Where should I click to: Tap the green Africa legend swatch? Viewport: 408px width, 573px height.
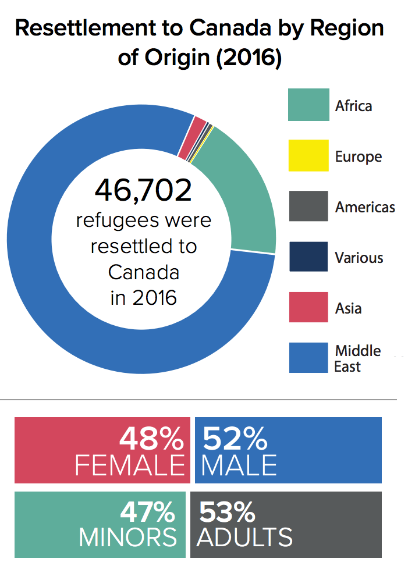pyautogui.click(x=308, y=105)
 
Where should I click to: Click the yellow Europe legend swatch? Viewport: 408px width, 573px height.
pyautogui.click(x=308, y=155)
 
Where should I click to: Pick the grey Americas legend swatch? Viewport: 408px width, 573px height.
pyautogui.click(x=308, y=206)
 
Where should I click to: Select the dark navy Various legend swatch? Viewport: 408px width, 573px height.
pyautogui.click(x=308, y=257)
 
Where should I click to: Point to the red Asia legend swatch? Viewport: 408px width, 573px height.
pyautogui.click(x=308, y=307)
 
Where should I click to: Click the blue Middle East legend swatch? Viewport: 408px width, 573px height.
pyautogui.click(x=308, y=357)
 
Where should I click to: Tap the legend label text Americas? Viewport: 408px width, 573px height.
pyautogui.click(x=366, y=207)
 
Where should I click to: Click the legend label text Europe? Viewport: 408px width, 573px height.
pyautogui.click(x=359, y=157)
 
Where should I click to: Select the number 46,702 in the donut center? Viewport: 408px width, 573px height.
pyautogui.click(x=143, y=191)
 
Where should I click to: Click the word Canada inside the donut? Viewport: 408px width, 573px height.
pyautogui.click(x=143, y=272)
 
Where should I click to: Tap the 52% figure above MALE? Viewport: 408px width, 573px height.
pyautogui.click(x=235, y=439)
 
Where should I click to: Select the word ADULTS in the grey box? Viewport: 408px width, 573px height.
pyautogui.click(x=244, y=537)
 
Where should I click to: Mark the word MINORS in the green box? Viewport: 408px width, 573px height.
pyautogui.click(x=128, y=537)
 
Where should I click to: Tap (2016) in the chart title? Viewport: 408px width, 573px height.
pyautogui.click(x=249, y=58)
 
